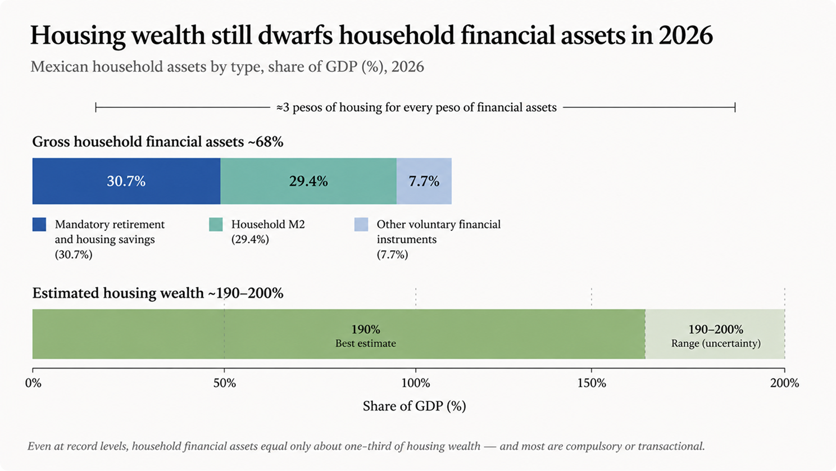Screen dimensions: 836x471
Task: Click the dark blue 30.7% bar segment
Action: [126, 181]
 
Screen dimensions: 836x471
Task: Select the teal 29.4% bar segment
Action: [308, 181]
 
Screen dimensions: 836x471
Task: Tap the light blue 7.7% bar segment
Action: [424, 181]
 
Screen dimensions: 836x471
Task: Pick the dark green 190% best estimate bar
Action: [339, 334]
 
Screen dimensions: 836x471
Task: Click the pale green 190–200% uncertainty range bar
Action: [715, 334]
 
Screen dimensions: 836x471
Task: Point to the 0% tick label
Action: [33, 383]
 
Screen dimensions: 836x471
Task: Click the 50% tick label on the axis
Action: [224, 383]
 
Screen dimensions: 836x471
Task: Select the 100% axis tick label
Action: [416, 383]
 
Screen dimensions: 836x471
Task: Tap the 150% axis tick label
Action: [592, 383]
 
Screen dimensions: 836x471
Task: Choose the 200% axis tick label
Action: [784, 383]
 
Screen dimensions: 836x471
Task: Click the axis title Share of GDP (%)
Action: [414, 406]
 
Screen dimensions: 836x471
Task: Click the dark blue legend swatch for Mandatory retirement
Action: [39, 224]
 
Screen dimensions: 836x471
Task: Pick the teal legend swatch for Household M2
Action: [216, 224]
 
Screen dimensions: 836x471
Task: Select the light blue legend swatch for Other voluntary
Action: [361, 224]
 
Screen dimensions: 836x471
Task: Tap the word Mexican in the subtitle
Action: [59, 67]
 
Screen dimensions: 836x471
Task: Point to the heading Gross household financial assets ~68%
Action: [157, 142]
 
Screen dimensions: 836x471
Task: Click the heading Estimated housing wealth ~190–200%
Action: [157, 293]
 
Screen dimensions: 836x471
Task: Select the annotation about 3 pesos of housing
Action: [416, 107]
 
